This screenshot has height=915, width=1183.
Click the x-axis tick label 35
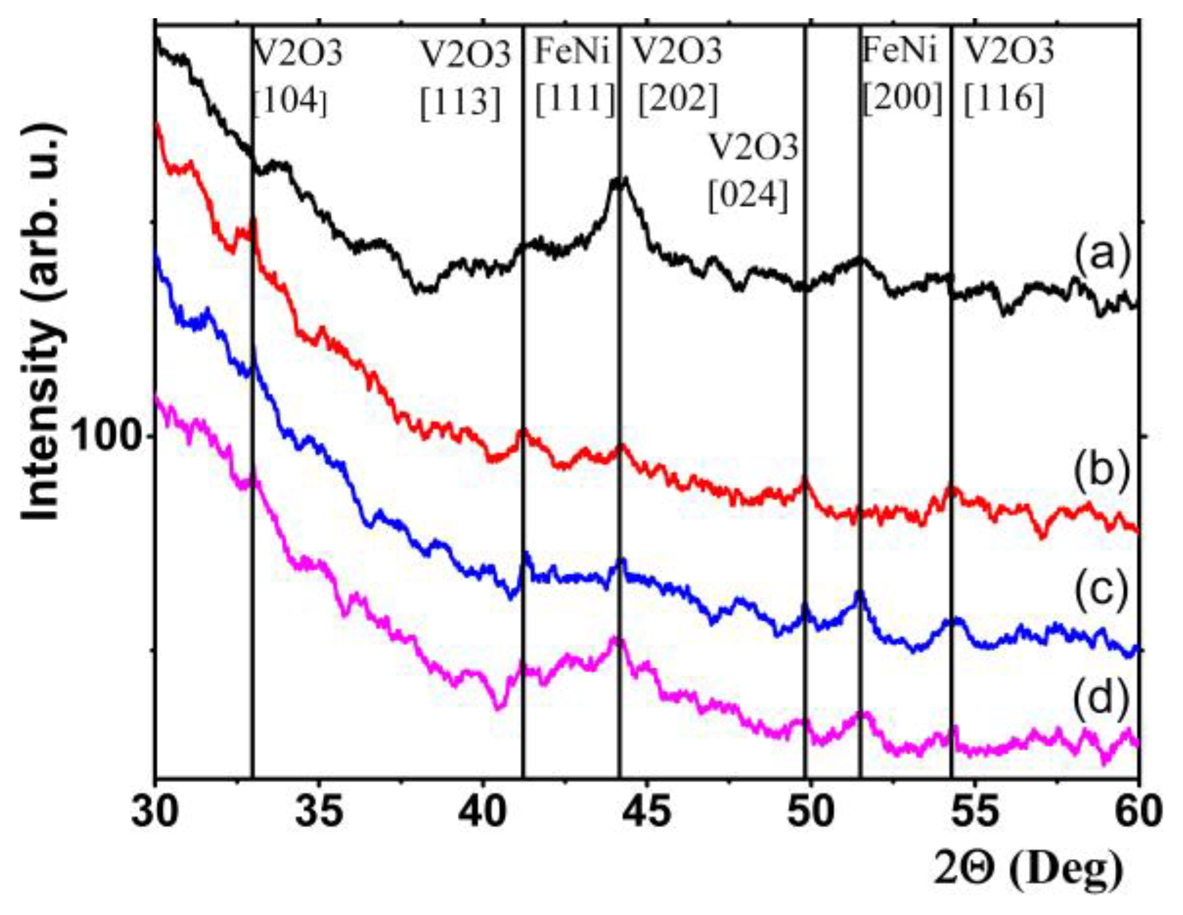(319, 812)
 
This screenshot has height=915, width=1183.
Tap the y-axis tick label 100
(107, 435)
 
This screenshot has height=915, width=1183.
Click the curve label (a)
(1102, 254)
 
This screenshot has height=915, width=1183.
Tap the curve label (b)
(1102, 471)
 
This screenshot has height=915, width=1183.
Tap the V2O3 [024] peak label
(752, 171)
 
